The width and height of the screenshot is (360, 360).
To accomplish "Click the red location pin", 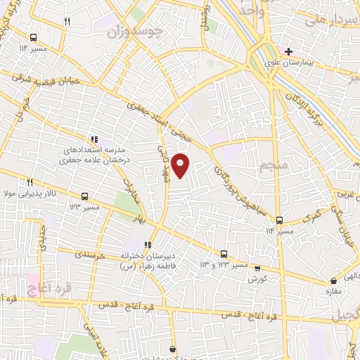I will click(x=181, y=165).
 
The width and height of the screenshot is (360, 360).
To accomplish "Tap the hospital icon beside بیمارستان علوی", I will click(x=288, y=51).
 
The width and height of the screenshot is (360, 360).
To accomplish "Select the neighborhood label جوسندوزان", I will click(x=136, y=32).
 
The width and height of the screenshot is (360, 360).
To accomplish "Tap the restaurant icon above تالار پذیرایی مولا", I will click(x=30, y=181).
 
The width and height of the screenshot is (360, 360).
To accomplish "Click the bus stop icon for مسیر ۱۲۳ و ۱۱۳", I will click(x=224, y=253).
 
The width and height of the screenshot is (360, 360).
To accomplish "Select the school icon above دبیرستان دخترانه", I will click(x=148, y=245).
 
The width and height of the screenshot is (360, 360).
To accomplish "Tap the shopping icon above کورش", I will click(x=257, y=268).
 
